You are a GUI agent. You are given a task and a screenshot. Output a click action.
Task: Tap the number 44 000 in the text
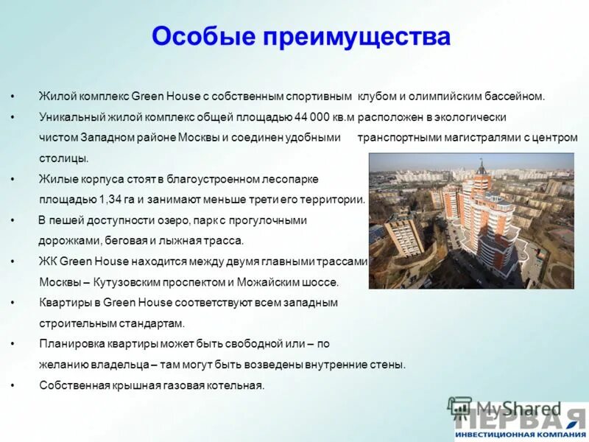click(x=313, y=117)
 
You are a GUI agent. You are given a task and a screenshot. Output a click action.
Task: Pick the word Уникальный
click(x=67, y=117)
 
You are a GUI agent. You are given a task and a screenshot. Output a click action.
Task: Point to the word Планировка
click(x=69, y=344)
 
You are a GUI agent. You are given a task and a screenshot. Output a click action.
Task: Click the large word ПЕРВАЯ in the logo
click(x=520, y=419)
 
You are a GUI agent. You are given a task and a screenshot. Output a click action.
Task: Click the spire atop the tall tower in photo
click(x=480, y=165)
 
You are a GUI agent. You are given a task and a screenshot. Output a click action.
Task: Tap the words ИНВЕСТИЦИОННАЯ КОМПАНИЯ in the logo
click(x=520, y=435)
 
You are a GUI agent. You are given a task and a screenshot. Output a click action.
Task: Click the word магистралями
click(x=470, y=138)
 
